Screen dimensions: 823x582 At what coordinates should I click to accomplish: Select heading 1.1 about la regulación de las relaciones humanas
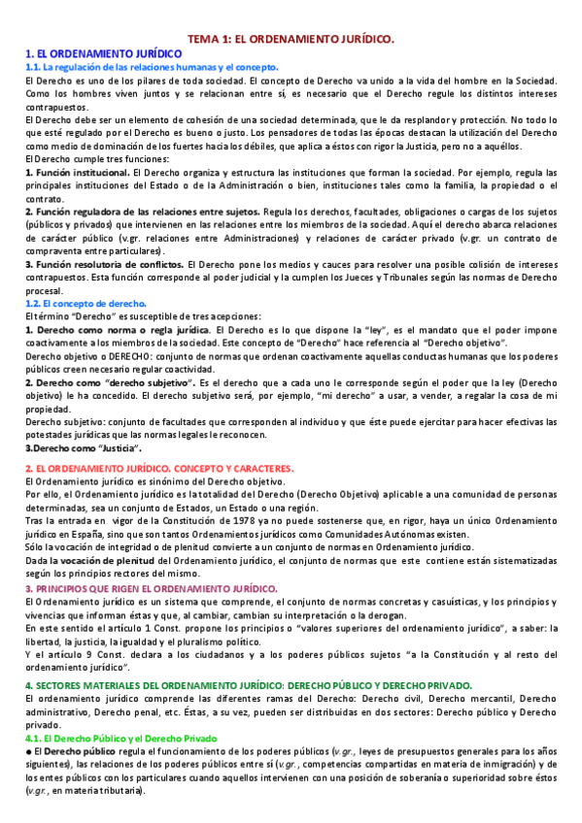click(x=141, y=66)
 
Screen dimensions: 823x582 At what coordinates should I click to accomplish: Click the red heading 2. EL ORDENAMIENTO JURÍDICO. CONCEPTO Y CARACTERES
click(x=159, y=468)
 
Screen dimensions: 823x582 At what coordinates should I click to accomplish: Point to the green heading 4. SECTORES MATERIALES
click(x=248, y=658)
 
